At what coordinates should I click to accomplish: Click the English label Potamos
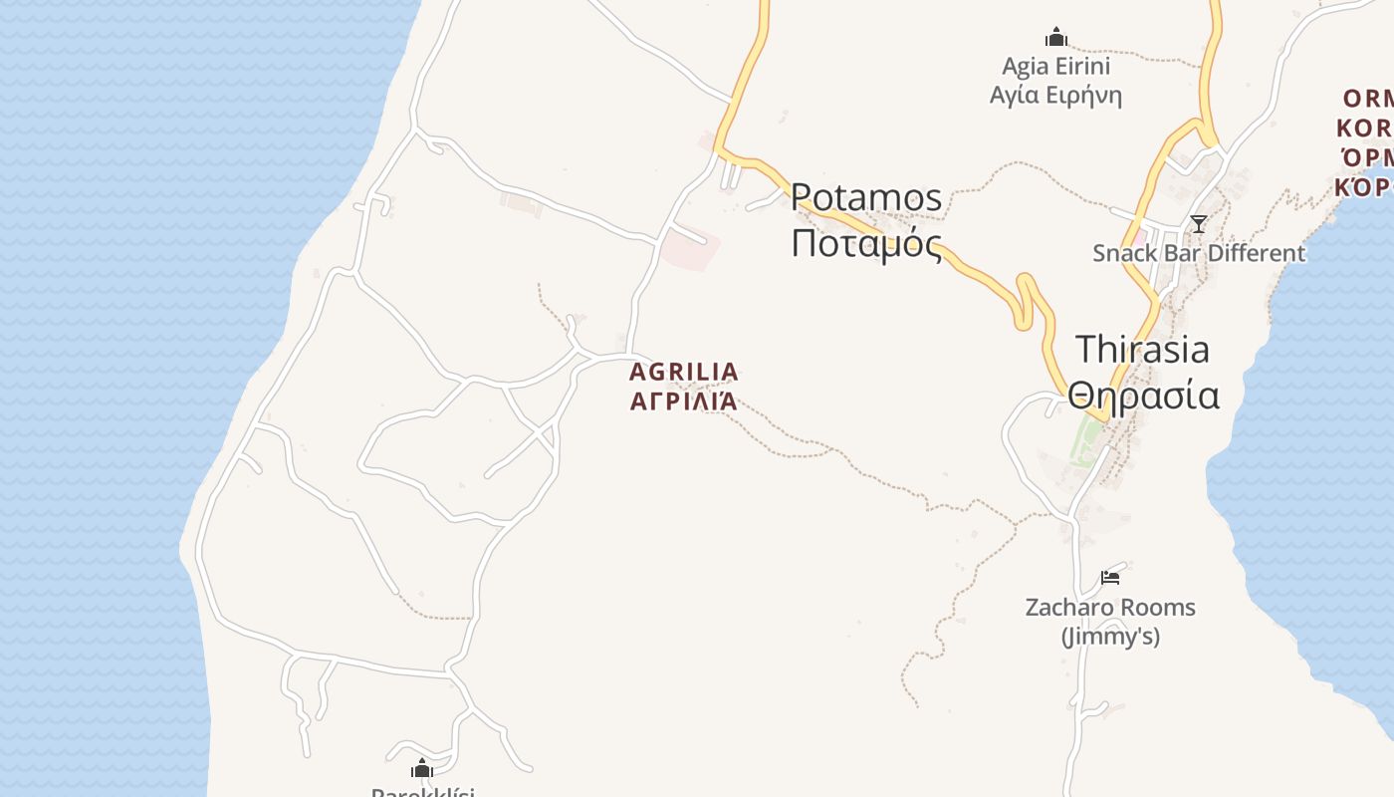click(866, 197)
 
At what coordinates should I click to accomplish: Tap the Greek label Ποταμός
click(866, 243)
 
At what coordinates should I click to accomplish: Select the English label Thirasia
click(1142, 349)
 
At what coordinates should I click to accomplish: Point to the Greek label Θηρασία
click(1143, 396)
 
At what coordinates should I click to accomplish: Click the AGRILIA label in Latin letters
click(684, 373)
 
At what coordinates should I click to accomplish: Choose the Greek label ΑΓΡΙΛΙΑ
click(684, 402)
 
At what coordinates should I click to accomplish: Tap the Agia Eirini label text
click(1055, 67)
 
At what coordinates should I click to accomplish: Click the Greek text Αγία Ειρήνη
click(1055, 96)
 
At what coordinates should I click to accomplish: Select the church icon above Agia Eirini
click(1055, 38)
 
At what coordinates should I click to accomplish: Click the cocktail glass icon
click(1199, 224)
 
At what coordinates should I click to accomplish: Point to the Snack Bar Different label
click(1198, 253)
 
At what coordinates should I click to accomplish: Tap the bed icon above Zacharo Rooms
click(1110, 578)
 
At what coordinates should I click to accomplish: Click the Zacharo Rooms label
click(1110, 607)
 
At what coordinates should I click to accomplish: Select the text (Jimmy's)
click(1110, 636)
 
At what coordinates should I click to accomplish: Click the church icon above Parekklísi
click(422, 768)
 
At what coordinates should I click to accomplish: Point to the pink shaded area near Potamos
click(691, 249)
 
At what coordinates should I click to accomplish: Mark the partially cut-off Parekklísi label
click(422, 792)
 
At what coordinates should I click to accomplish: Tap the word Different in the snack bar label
click(1254, 253)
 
